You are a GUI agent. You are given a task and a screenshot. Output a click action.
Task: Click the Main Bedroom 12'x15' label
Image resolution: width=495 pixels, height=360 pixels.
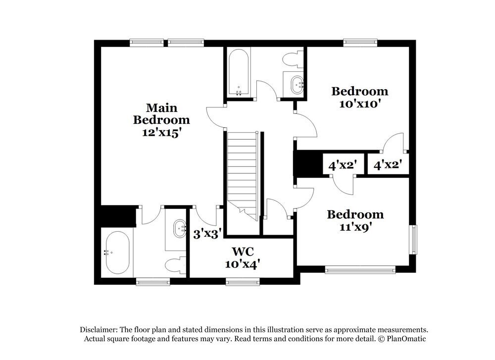pos(161,119)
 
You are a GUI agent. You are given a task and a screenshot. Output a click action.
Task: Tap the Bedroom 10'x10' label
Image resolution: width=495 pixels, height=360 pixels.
pos(359,97)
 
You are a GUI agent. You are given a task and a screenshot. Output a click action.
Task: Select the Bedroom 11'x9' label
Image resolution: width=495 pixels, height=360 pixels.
pos(355,220)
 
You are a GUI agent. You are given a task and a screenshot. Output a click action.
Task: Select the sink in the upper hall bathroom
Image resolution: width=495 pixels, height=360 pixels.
pos(297,84)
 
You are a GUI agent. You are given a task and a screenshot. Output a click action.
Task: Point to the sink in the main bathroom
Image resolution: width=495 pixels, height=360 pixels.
pos(178,229)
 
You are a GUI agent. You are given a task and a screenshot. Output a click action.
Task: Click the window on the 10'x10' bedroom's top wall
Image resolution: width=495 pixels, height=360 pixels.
pos(361,43)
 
